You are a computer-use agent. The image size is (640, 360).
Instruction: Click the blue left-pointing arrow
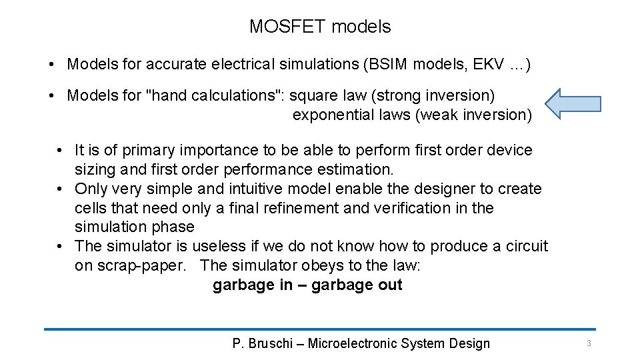(x=573, y=103)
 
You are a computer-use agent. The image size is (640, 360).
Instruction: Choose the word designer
(x=411, y=189)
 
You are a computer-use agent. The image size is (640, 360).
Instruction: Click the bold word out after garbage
(x=390, y=285)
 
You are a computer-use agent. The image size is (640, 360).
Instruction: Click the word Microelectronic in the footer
(x=353, y=344)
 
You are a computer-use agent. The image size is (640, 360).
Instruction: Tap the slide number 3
(x=589, y=343)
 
